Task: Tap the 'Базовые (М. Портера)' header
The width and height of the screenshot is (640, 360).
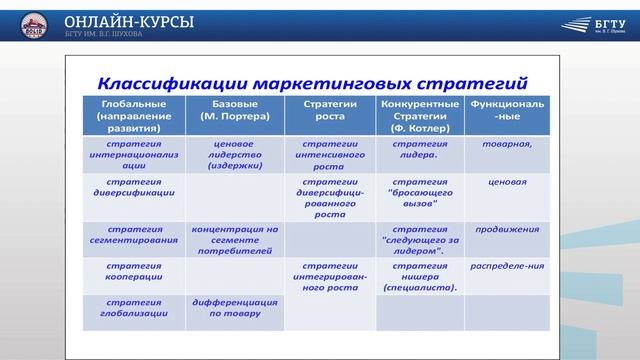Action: click(235, 110)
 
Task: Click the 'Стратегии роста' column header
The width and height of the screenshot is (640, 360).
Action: click(330, 110)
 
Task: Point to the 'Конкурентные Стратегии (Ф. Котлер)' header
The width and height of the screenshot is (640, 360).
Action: click(420, 116)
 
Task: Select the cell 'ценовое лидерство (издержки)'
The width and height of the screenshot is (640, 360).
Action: click(235, 156)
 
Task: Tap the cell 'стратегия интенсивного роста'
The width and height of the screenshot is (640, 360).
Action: click(330, 156)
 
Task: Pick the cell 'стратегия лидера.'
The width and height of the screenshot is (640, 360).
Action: click(420, 150)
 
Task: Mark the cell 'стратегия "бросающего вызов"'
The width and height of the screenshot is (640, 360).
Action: click(420, 192)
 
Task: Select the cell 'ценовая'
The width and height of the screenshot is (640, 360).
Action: click(507, 184)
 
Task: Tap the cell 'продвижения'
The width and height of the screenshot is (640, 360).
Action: click(507, 229)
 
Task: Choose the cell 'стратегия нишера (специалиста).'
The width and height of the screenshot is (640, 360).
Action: click(420, 277)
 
